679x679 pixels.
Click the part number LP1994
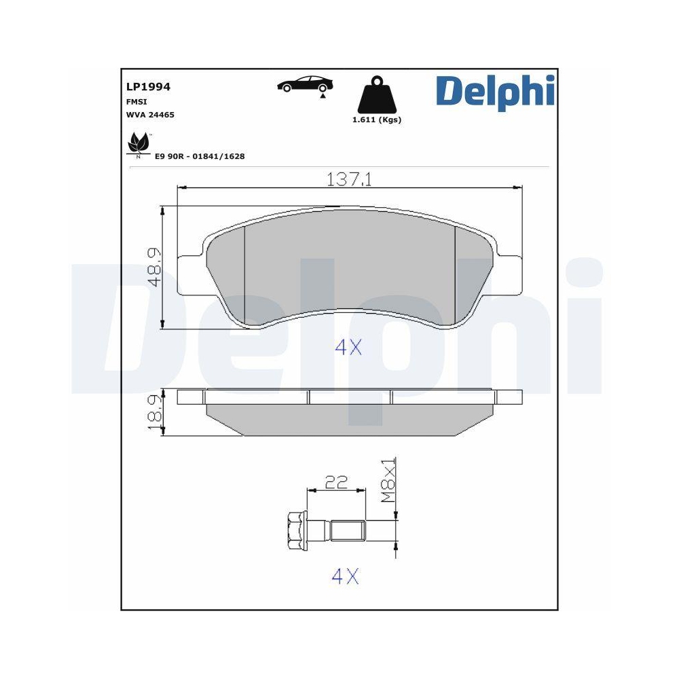pos(148,87)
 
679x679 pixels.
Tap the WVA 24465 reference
pos(150,115)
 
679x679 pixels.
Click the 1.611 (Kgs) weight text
pos(376,120)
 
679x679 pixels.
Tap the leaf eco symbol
pos(139,143)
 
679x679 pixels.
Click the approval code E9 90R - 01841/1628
pos(200,156)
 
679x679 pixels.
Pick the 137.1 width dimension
pos(350,179)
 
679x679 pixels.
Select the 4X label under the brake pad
pos(348,348)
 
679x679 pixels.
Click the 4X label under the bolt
pos(344,576)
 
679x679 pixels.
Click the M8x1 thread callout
pos(387,480)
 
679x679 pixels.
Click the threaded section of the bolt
pos(348,529)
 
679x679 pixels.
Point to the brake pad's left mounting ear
pos(189,275)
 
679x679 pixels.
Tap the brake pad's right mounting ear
pos(510,275)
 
